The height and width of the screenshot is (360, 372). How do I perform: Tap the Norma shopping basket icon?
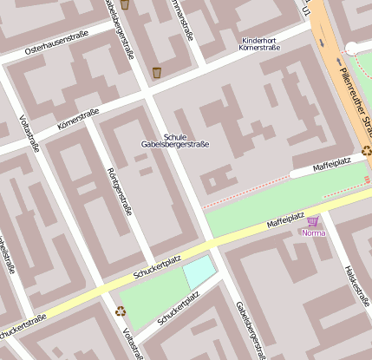coord(312,222)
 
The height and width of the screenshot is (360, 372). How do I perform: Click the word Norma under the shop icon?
coord(312,233)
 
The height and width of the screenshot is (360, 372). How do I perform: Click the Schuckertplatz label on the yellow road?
coord(157,267)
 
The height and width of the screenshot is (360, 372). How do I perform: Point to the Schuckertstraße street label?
coord(21,328)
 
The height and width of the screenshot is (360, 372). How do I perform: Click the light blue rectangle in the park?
coord(199,272)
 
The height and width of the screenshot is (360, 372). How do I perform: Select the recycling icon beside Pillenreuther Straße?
coord(367,150)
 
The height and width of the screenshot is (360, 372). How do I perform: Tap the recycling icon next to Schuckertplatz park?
coord(120,311)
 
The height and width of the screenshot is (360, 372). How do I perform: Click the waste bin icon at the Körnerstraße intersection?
coord(157,72)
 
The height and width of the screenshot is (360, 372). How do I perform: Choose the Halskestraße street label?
coord(357,287)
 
